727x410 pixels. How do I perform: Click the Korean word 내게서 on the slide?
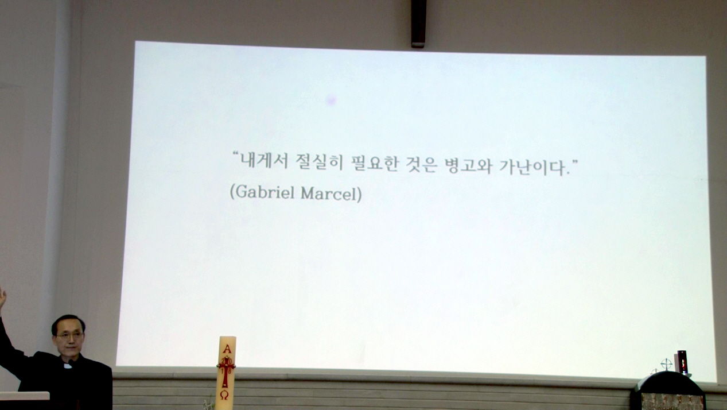[264, 161]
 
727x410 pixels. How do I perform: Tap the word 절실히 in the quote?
[320, 162]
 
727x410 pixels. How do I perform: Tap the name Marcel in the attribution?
[329, 194]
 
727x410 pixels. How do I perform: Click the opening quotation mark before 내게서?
[236, 154]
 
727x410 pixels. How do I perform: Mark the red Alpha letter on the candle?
[227, 349]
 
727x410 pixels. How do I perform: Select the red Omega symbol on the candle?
[224, 395]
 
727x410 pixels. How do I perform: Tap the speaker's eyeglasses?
[69, 336]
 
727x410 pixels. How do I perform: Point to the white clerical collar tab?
[68, 366]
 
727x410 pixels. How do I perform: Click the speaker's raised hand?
[2, 296]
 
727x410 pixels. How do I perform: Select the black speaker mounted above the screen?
[418, 24]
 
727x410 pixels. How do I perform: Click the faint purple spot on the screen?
[331, 100]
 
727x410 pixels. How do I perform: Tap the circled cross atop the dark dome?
[666, 364]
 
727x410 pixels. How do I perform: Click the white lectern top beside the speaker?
[25, 396]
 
